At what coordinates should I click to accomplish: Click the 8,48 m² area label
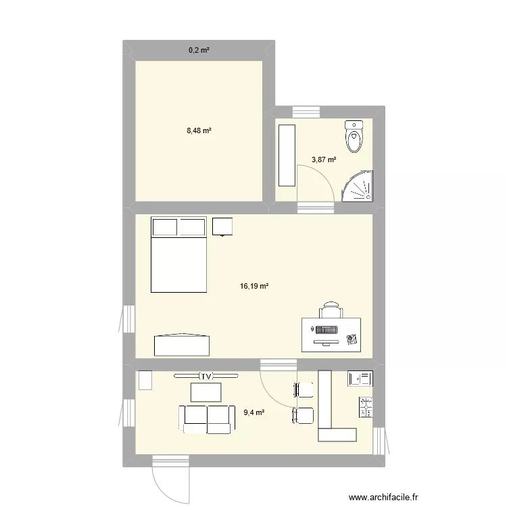pyautogui.click(x=199, y=130)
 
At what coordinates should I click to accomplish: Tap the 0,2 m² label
pyautogui.click(x=199, y=50)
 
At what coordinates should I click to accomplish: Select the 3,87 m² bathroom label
pyautogui.click(x=324, y=160)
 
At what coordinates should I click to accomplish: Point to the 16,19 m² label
pyautogui.click(x=254, y=287)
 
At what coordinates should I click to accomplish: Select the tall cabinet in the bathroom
pyautogui.click(x=287, y=155)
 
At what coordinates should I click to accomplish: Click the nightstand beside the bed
pyautogui.click(x=222, y=226)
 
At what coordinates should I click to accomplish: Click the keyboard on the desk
pyautogui.click(x=327, y=329)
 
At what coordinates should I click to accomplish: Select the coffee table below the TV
pyautogui.click(x=206, y=392)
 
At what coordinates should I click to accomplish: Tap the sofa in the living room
pyautogui.click(x=206, y=418)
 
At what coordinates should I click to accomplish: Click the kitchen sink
pyautogui.click(x=359, y=379)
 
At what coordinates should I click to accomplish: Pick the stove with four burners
pyautogui.click(x=366, y=407)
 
